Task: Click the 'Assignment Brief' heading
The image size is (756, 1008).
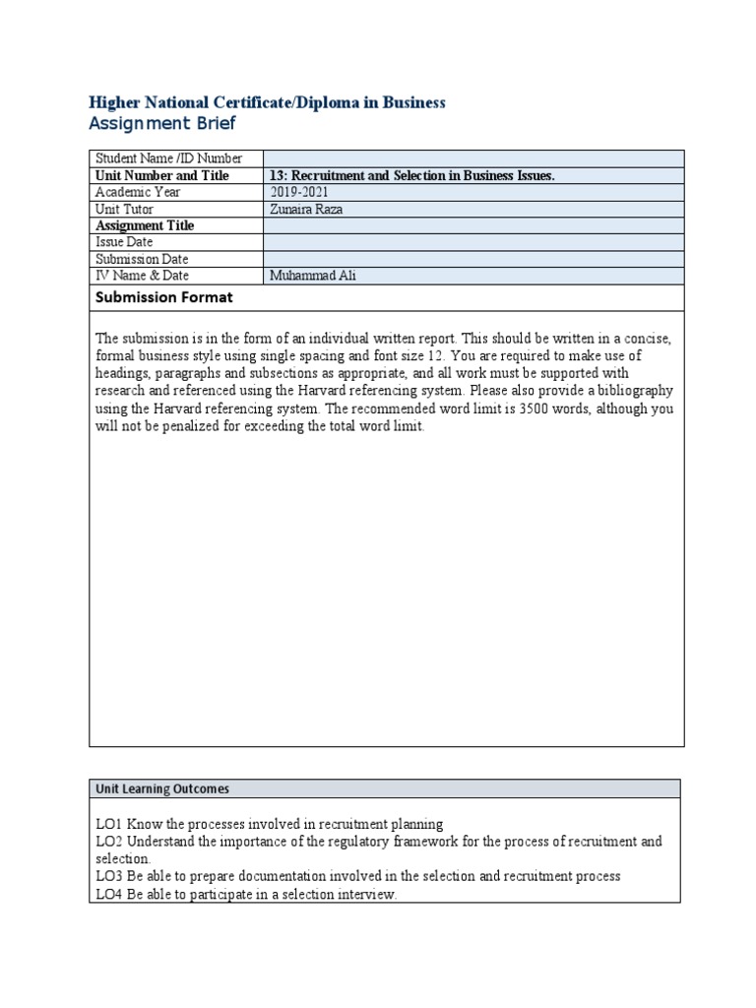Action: (162, 124)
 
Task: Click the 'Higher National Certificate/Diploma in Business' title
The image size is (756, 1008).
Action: (267, 102)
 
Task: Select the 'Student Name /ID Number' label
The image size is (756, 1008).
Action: (167, 158)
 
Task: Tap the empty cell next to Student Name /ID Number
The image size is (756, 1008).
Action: (472, 158)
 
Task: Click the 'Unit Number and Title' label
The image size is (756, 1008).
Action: (162, 175)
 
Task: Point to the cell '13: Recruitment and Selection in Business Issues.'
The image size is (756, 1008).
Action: (412, 175)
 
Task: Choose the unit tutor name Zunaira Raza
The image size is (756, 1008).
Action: (306, 209)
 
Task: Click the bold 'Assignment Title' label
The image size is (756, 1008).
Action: (145, 225)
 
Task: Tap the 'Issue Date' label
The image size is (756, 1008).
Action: (124, 242)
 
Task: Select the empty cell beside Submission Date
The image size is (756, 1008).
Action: (472, 259)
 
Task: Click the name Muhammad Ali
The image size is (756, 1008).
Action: (312, 276)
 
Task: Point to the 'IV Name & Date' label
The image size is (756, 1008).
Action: (142, 276)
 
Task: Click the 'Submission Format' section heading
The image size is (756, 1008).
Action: (164, 297)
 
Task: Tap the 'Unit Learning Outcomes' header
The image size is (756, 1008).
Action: (162, 788)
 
